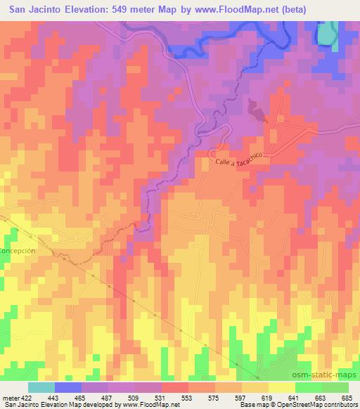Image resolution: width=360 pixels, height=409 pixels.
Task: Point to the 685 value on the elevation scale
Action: (x=347, y=398)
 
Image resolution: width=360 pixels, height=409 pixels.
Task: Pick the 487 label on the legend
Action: (x=108, y=398)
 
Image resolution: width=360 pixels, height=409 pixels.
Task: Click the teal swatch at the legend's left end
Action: (x=41, y=387)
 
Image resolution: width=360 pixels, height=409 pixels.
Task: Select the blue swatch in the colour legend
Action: (x=68, y=387)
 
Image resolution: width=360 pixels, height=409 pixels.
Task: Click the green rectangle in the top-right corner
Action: (x=327, y=33)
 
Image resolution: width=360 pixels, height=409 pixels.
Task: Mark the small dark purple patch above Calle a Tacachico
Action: (x=258, y=110)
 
